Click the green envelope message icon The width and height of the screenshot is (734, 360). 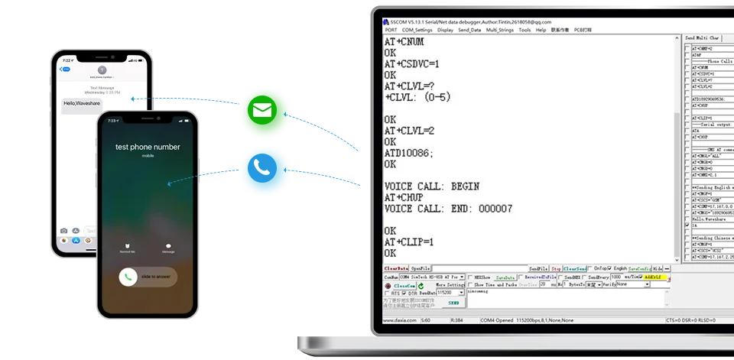coord(261,111)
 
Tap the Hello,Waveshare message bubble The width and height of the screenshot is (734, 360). coord(77,102)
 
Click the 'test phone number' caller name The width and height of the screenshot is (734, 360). coord(148,146)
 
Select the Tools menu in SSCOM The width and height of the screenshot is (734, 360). coord(525,30)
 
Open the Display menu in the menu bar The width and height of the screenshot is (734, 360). coord(445,30)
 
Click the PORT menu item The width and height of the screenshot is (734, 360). coord(391,30)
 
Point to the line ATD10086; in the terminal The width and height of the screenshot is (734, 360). coord(409,153)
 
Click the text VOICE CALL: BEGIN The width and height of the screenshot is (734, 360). coord(432,186)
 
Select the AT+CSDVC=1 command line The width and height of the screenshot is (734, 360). coord(422,64)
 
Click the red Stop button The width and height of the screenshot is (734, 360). coord(556,269)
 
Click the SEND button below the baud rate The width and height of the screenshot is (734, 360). coord(453,303)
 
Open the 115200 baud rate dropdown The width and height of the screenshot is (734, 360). coord(450,293)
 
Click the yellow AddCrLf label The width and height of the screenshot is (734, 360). coord(655,277)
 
